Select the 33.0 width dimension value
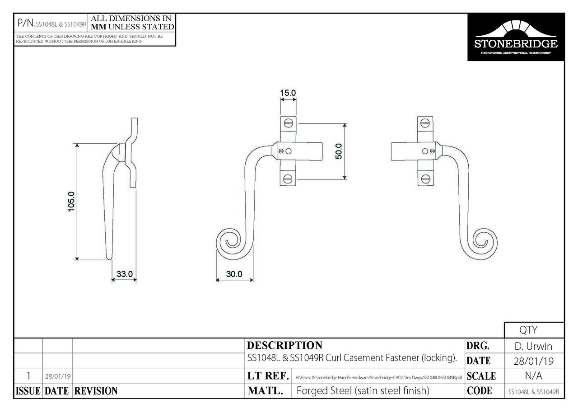point(124,274)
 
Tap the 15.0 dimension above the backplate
point(288,93)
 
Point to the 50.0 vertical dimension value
point(339,151)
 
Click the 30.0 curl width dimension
point(234,274)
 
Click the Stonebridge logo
point(515,37)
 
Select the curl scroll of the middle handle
point(230,243)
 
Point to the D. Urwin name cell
point(533,347)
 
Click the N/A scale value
point(533,376)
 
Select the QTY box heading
point(533,330)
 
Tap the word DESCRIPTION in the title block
point(284,346)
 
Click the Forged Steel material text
point(363,391)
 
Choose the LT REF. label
point(268,376)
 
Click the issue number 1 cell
point(28,376)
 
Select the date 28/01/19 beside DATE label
point(533,361)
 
